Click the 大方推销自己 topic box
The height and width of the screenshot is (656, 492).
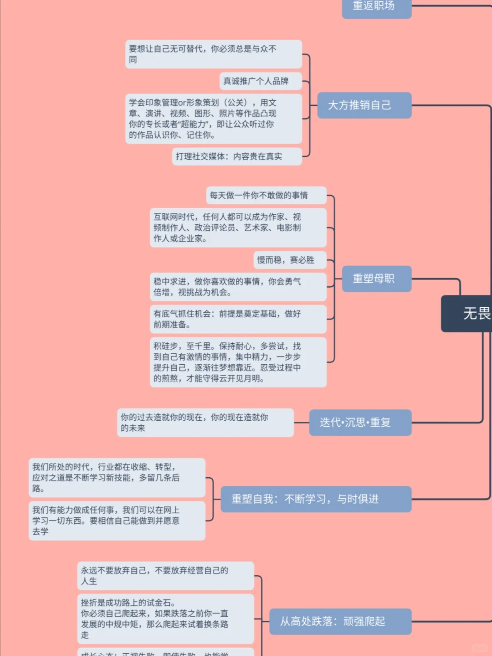364,105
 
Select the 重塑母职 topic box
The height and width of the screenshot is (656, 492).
376,279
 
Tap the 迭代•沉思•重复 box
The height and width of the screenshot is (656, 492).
360,423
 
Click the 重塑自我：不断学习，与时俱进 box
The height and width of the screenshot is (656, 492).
316,499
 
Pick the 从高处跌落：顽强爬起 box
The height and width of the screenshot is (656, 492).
340,621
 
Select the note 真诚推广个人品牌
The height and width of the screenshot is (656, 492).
261,81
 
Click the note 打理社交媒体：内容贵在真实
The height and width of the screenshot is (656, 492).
236,156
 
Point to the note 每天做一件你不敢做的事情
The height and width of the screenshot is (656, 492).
266,195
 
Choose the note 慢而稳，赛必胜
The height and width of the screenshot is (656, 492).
290,260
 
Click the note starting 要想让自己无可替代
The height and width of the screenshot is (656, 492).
213,54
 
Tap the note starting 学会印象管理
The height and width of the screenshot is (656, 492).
213,119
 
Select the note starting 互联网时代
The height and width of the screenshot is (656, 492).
238,227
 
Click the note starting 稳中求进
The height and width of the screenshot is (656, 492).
238,287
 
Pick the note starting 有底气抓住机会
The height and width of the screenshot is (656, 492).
238,319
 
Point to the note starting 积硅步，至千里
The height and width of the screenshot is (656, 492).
238,362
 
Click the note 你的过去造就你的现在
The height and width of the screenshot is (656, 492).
205,423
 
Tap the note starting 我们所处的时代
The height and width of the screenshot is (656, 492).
117,478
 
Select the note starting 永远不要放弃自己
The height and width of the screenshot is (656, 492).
165,576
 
